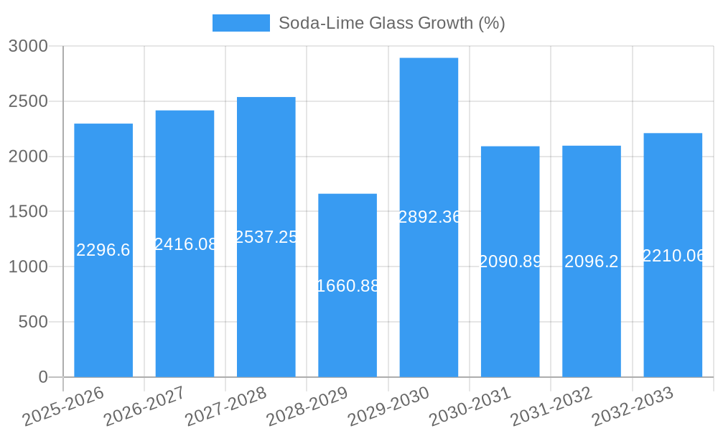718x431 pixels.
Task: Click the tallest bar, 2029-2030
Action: (x=429, y=302)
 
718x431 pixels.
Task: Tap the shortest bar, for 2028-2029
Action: (x=348, y=330)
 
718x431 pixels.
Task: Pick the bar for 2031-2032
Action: (x=592, y=316)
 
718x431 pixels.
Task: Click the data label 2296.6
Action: (x=103, y=250)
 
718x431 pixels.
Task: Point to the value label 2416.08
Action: (x=185, y=244)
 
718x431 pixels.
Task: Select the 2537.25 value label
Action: (x=266, y=237)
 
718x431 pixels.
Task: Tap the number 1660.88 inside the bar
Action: (x=348, y=286)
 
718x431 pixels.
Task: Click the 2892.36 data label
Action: (x=429, y=217)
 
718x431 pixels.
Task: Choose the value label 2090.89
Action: (x=510, y=261)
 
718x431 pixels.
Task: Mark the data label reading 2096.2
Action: (x=592, y=261)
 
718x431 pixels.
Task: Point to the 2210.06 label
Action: (x=673, y=256)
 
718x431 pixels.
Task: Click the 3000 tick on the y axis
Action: (x=28, y=47)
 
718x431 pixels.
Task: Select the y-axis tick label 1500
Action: (x=28, y=212)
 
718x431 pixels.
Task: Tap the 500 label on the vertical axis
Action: (x=33, y=322)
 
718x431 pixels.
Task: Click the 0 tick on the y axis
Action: (x=43, y=377)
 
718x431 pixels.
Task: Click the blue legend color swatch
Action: (x=241, y=23)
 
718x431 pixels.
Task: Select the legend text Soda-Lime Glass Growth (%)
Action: (x=392, y=23)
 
